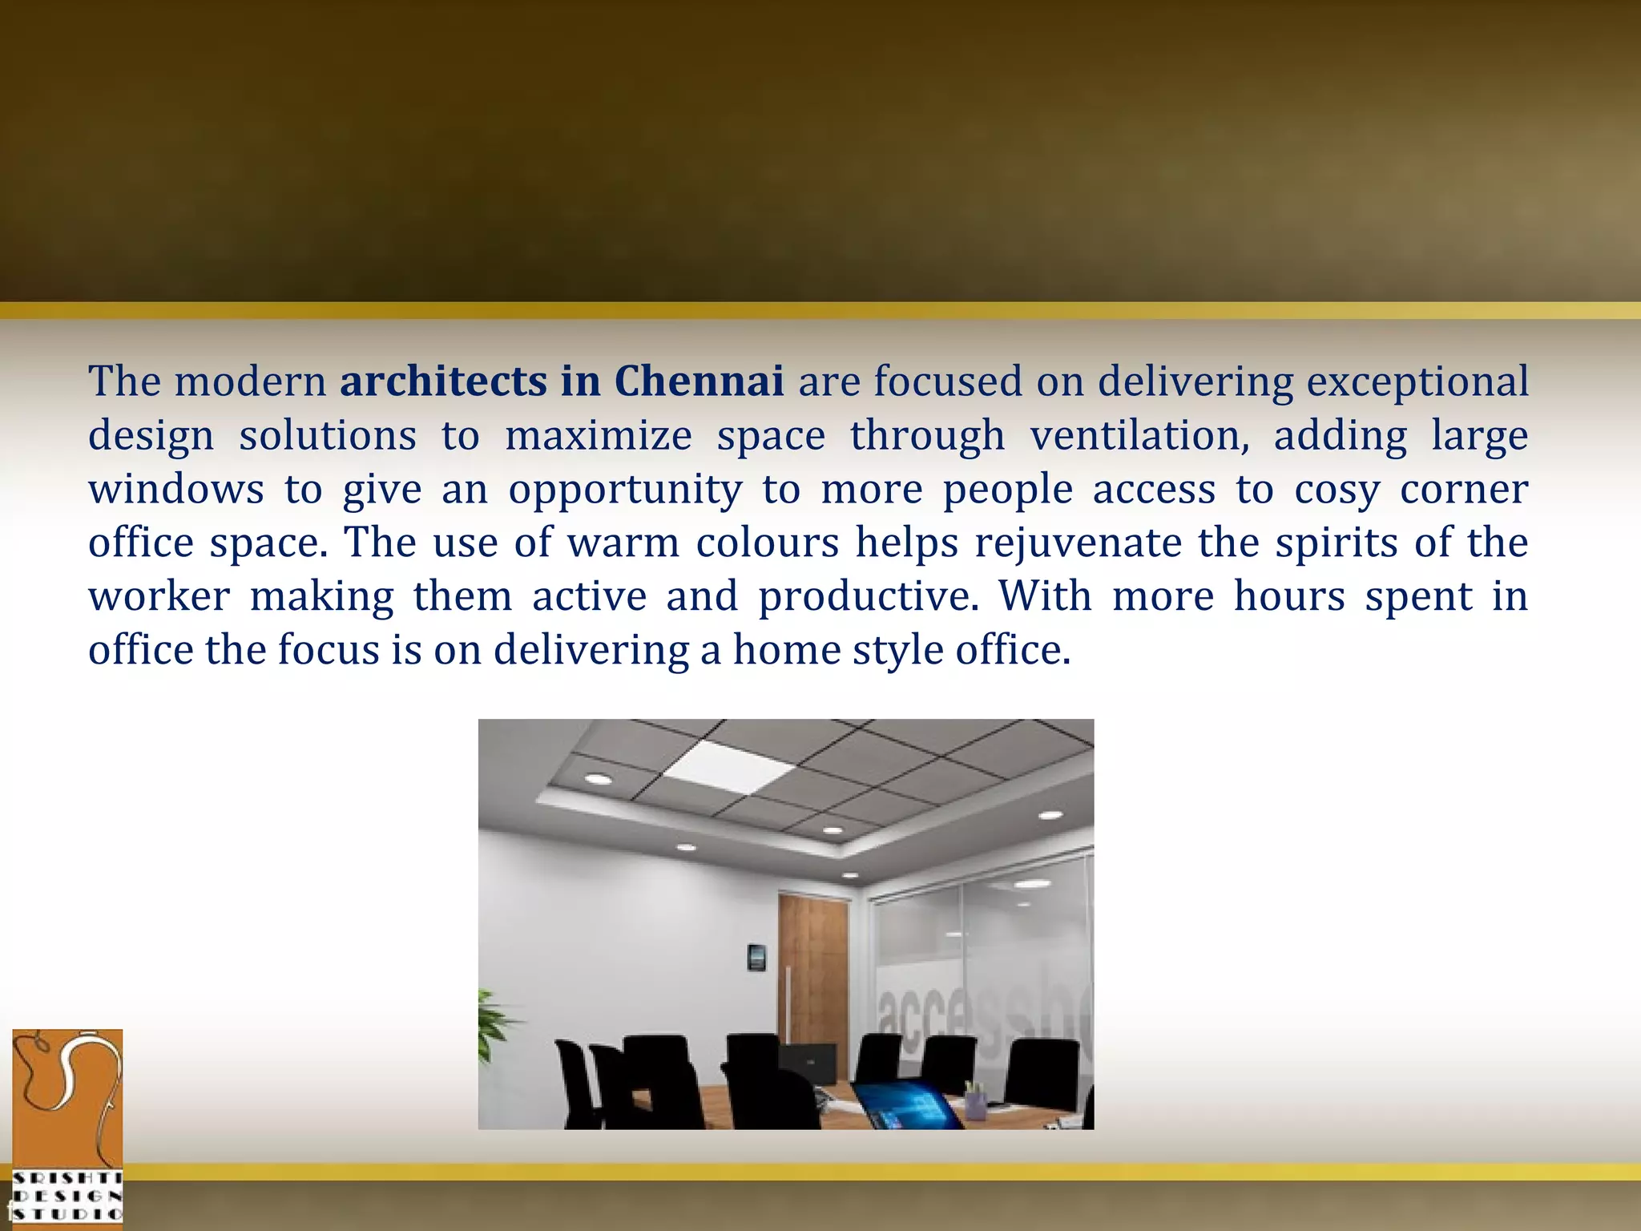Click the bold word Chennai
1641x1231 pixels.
tap(699, 381)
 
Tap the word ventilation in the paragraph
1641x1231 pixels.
tap(1139, 436)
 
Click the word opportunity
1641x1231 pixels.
tap(625, 490)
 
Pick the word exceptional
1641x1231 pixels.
tap(1417, 382)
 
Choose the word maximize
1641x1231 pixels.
tap(598, 436)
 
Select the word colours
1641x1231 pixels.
tap(767, 543)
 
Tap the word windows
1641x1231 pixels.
tap(175, 489)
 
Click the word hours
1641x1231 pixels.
tap(1288, 596)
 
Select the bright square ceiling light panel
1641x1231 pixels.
tap(729, 767)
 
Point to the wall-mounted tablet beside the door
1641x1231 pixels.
tap(756, 957)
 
